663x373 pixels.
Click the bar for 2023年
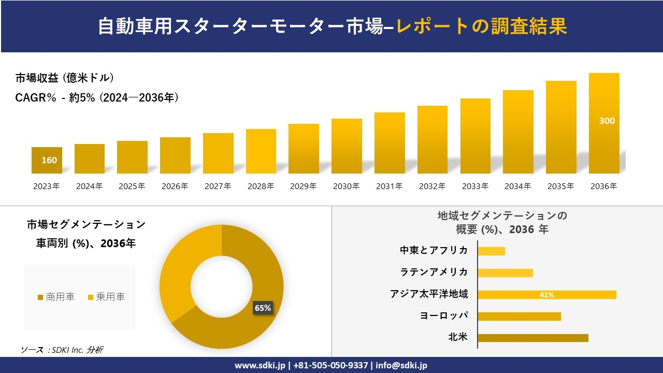pos(47,160)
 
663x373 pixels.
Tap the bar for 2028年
pos(261,151)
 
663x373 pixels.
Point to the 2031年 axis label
pos(389,187)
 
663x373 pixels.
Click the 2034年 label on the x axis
pos(517,187)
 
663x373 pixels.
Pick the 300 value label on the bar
pos(607,121)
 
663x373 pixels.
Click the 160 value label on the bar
pos(49,160)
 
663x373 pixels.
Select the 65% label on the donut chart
pos(263,308)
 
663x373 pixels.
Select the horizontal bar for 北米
pos(532,338)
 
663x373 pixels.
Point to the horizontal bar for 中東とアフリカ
pos(491,251)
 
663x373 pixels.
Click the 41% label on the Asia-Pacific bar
pos(546,295)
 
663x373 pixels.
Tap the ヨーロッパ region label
pos(444,315)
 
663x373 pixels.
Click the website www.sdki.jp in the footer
pos(260,365)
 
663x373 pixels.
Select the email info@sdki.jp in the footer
pos(402,365)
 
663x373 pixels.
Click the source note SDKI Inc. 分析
pos(62,350)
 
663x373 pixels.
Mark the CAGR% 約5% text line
pos(97,97)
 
